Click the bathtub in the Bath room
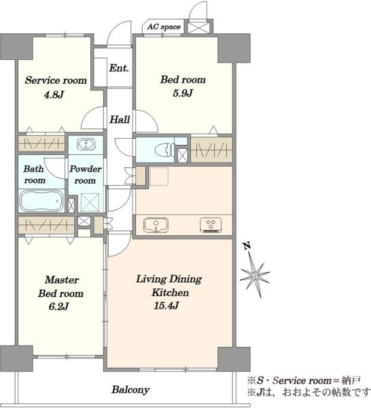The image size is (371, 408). pos(41,201)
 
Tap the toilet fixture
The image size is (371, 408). pos(164,150)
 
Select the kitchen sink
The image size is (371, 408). pos(156,225)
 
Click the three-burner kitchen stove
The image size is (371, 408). pos(211,225)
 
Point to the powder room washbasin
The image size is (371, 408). pos(86,145)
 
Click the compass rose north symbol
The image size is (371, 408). pos(255,275)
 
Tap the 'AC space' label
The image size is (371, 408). pos(164,27)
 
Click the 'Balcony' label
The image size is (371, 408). pos(130,390)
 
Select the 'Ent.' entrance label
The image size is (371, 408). pos(119,68)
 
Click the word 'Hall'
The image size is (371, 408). pos(120,120)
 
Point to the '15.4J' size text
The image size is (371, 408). pos(166,306)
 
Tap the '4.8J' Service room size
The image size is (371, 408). pos(54,95)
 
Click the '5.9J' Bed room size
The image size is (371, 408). pos(183,93)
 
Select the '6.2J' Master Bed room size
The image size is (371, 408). pos(58,307)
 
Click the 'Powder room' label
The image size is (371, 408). pos(85,175)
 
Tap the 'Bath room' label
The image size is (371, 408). pos(34,175)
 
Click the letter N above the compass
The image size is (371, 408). pos(247,245)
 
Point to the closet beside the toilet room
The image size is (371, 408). pos(211,150)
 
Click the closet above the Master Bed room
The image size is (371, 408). pos(46,225)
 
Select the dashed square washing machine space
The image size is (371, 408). pos(90,202)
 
